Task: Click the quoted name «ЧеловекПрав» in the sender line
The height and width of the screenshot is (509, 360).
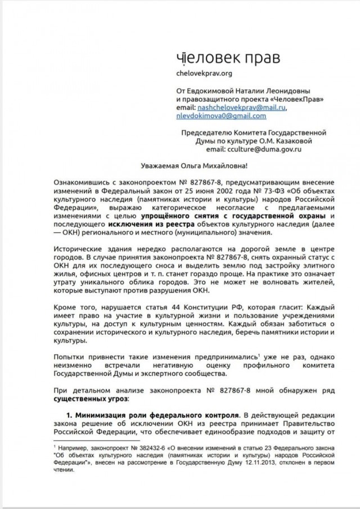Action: point(287,98)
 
